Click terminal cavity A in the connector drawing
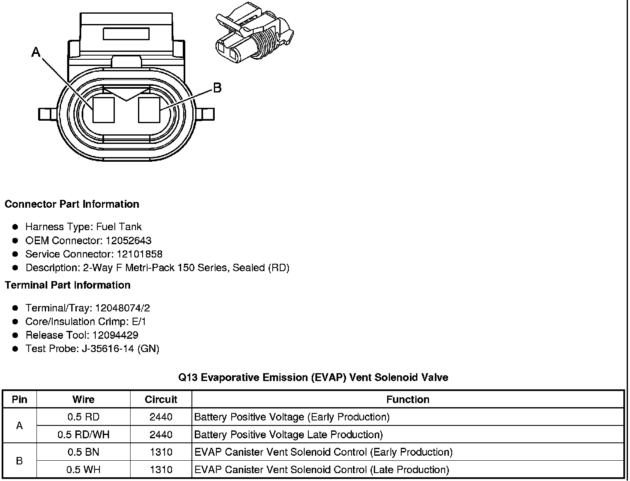[103, 110]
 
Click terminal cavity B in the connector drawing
[149, 110]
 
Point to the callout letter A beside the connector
[36, 52]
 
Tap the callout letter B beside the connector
[217, 88]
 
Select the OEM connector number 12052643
[128, 240]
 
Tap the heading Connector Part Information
[72, 204]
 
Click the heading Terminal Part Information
[68, 285]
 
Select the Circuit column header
[161, 399]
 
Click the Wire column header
[83, 399]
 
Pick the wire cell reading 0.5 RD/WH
[83, 435]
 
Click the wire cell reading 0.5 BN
[83, 452]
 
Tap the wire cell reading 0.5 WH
[83, 470]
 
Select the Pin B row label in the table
[19, 461]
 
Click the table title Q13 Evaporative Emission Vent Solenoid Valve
[313, 377]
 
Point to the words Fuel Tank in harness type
[119, 227]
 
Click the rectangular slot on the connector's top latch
[126, 34]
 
